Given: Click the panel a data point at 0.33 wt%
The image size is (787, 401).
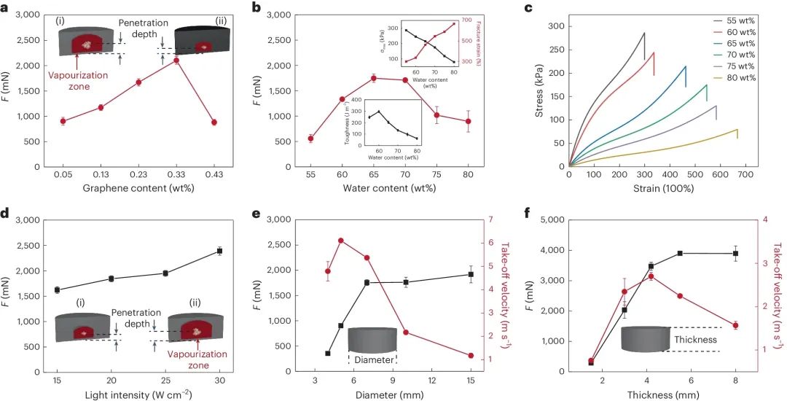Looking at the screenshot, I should (176, 60).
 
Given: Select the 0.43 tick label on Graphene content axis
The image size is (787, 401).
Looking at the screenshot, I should (214, 176).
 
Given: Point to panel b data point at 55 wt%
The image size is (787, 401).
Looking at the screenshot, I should (310, 139).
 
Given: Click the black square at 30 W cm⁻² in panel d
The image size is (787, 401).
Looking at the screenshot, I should (219, 251).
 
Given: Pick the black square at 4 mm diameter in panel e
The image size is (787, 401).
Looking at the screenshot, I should (328, 353).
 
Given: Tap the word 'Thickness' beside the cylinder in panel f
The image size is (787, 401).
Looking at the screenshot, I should (695, 339).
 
